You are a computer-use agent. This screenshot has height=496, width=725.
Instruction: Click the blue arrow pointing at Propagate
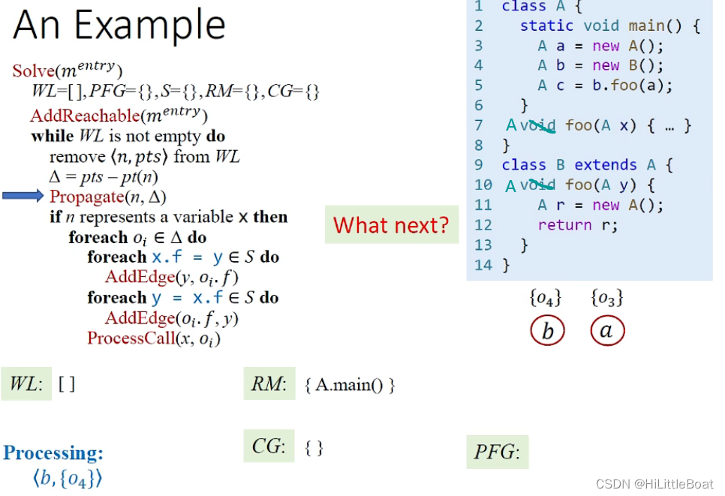[23, 197]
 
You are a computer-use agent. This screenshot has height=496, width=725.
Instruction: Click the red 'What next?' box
[391, 224]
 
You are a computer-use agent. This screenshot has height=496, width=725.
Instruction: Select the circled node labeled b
[547, 331]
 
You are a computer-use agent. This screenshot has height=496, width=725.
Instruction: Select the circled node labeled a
[606, 331]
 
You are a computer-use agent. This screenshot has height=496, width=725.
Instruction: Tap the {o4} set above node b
[546, 298]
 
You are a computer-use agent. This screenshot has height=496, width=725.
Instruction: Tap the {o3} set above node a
[606, 298]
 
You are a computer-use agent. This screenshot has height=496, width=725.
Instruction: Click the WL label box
[26, 384]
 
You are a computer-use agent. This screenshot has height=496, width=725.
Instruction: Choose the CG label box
[269, 446]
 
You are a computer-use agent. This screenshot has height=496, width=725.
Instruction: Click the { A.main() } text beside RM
[350, 386]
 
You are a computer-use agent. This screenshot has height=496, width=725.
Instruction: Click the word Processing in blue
[53, 452]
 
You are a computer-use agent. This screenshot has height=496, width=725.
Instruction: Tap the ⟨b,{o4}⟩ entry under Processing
[67, 478]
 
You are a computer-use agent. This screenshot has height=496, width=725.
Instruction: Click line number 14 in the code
[483, 264]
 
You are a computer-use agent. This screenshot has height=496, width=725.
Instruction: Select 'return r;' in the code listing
[577, 224]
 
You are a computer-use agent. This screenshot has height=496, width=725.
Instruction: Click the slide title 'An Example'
[119, 25]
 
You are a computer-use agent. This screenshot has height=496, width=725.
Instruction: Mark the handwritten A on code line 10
[511, 185]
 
